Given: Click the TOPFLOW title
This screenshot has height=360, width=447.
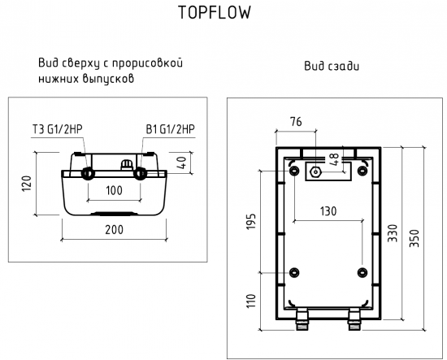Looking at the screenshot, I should (214, 13).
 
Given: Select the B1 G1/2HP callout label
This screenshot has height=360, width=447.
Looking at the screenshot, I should (170, 130).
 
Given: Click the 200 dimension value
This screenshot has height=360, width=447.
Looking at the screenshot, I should (114, 230).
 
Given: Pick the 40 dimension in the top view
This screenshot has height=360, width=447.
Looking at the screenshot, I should (184, 161).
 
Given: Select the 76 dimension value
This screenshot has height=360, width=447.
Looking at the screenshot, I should (296, 123).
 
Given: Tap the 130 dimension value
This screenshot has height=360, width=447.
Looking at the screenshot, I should (328, 210).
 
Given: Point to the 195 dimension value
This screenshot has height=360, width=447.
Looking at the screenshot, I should (251, 221).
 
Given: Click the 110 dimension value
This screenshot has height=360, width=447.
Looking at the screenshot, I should (251, 301).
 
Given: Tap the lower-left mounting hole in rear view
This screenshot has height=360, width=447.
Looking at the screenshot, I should (293, 271).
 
